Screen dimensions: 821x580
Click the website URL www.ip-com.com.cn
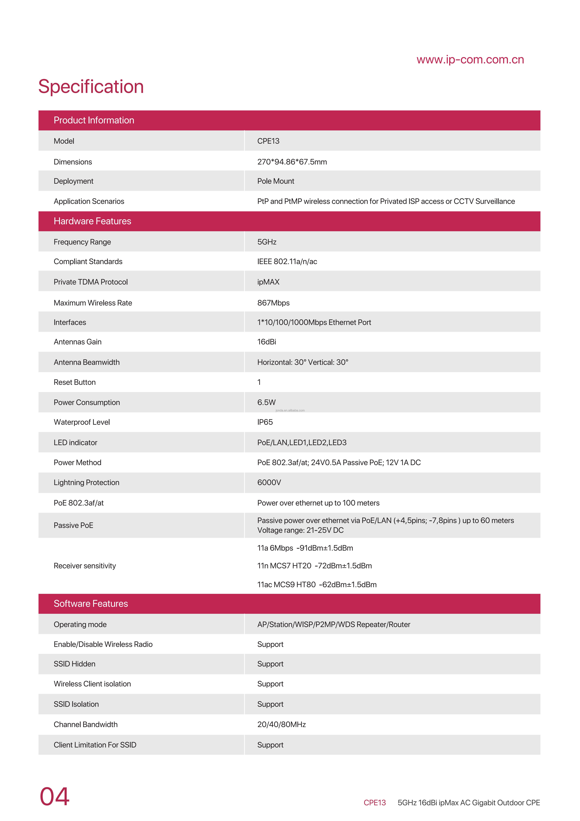pos(470,60)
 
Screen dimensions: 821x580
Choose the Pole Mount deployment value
pos(276,181)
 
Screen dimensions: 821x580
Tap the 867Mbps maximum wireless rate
pos(273,303)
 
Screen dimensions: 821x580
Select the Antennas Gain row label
pos(78,342)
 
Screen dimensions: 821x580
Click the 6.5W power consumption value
pos(266,402)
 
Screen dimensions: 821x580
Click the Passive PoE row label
pos(73,525)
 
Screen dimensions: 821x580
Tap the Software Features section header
pos(91,604)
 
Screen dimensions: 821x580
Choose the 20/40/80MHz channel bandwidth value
pos(281,724)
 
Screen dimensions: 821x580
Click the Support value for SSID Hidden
pos(270,664)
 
